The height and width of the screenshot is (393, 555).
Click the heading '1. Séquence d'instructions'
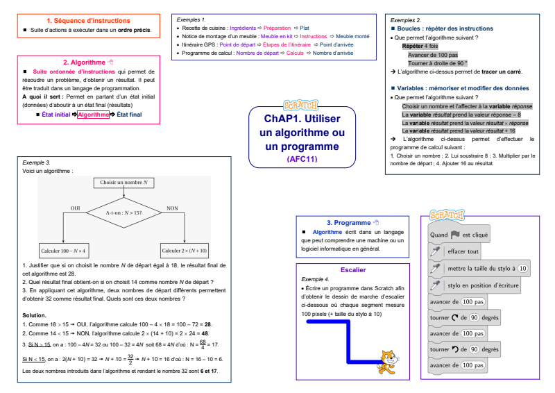click(87, 21)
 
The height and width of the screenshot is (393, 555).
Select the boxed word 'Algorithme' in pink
click(93, 115)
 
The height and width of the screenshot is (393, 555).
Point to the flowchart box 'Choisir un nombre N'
click(123, 183)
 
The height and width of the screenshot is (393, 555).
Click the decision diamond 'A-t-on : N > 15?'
click(123, 212)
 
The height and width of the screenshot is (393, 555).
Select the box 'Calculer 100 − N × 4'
click(63, 250)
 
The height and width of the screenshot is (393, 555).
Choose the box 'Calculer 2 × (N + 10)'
click(184, 250)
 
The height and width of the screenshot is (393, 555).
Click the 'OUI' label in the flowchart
click(76, 208)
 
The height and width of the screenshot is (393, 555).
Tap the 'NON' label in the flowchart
click(173, 208)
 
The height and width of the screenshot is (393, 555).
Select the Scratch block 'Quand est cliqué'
click(459, 235)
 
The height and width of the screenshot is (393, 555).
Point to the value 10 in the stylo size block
click(522, 268)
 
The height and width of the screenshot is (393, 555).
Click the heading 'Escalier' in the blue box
click(354, 269)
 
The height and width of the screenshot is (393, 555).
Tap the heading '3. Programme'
click(348, 222)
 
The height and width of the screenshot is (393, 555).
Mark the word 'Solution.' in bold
click(35, 315)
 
